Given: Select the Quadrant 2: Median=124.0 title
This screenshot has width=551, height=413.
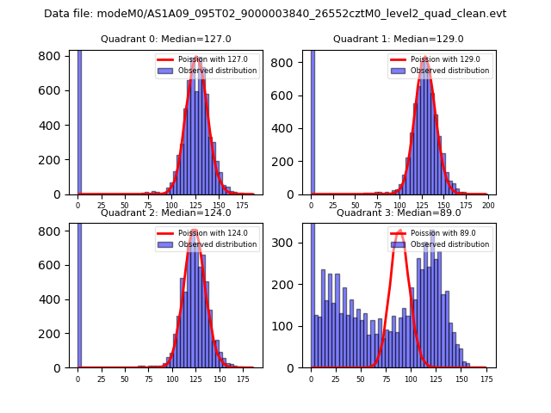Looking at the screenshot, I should (165, 213).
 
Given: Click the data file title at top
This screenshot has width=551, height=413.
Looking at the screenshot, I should (275, 14).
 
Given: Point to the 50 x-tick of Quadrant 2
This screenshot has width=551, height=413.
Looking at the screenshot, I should (125, 379).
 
